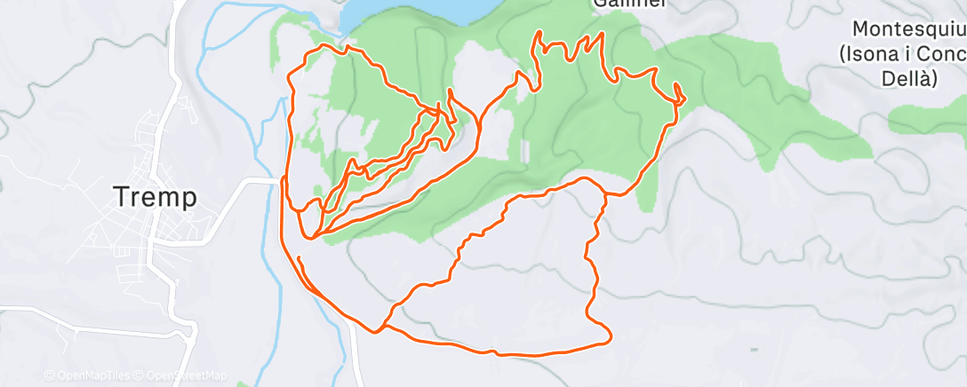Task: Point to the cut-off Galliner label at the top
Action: (x=620, y=4)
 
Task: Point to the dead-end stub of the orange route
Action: (x=299, y=258)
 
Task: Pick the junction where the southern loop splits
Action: (x=382, y=328)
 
